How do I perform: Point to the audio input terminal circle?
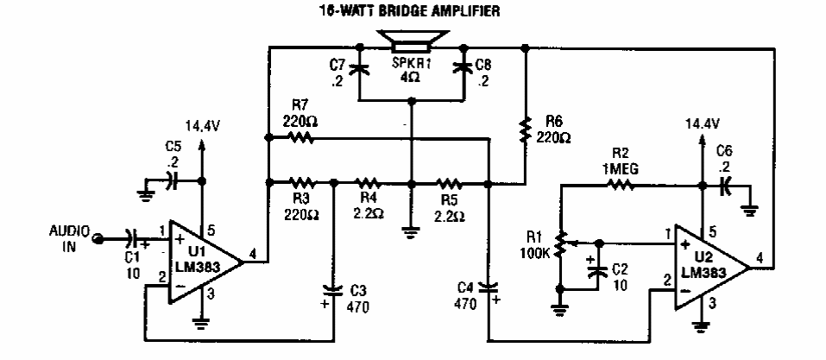click(x=99, y=237)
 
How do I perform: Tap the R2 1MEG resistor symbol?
click(x=622, y=184)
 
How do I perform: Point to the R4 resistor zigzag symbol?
click(x=369, y=182)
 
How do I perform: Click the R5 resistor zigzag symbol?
click(x=448, y=182)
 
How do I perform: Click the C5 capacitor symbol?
click(x=171, y=181)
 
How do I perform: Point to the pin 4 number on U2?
click(x=759, y=256)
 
